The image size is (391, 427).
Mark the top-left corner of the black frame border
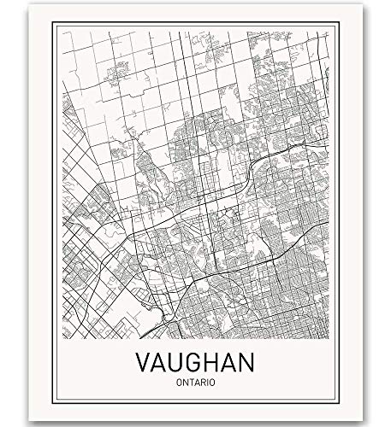pos(53,24)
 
